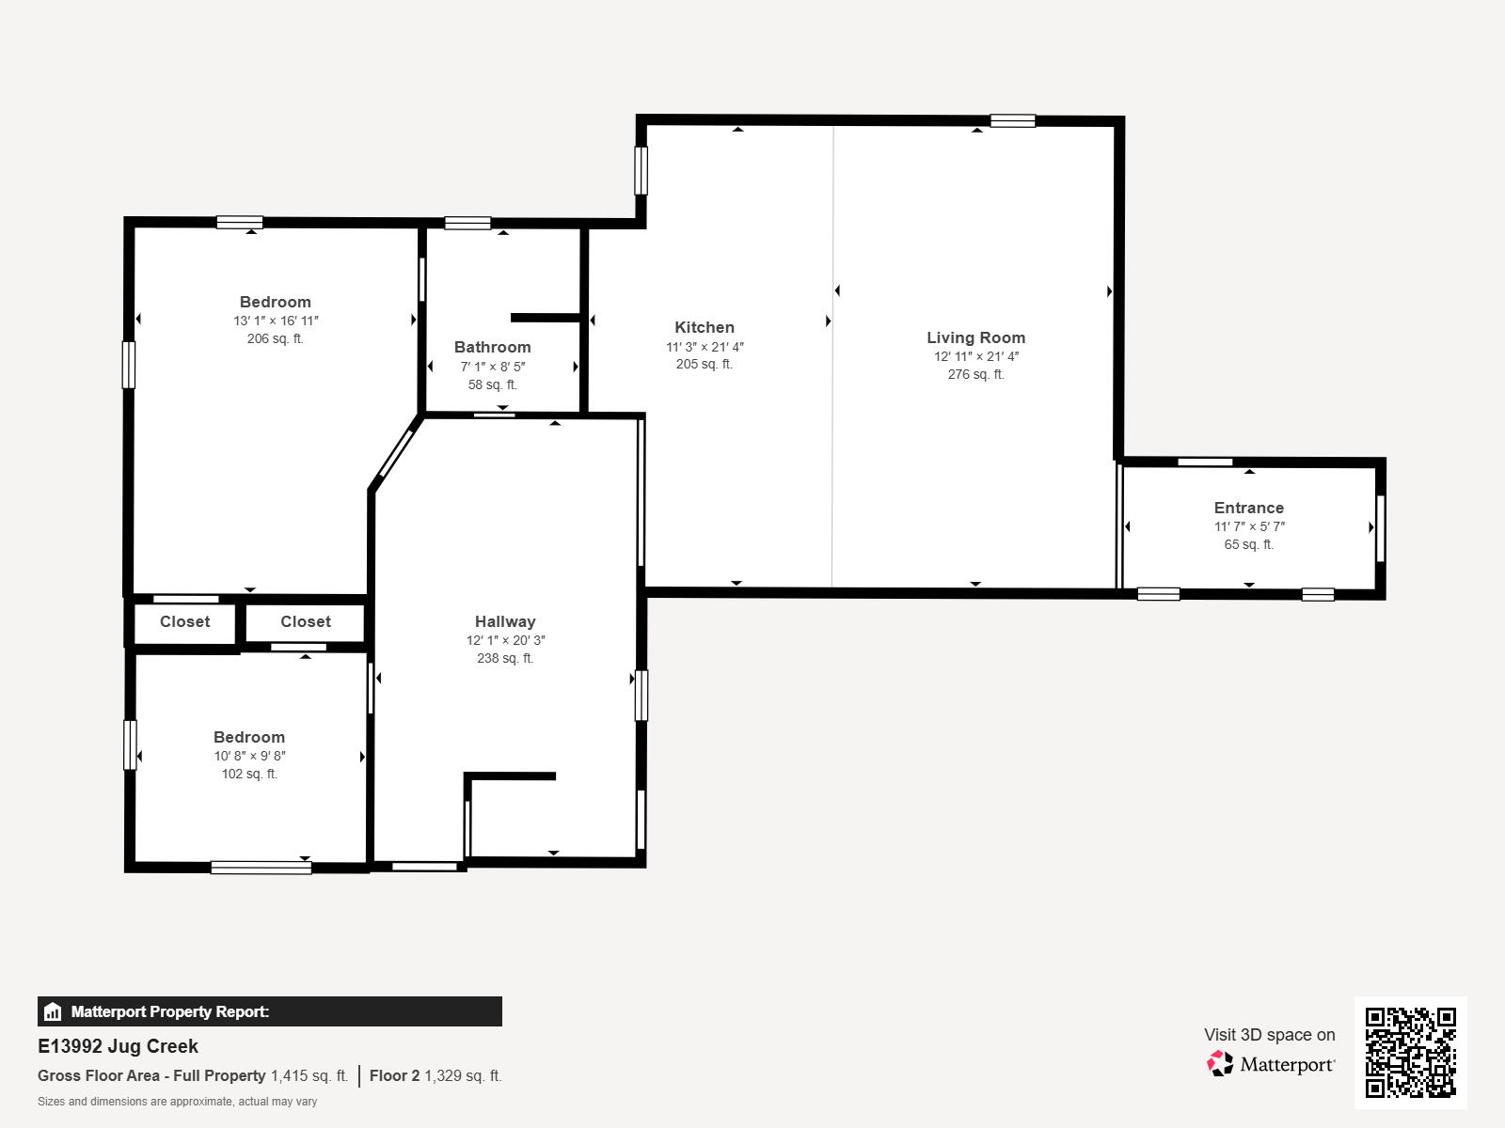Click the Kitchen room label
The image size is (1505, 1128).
pyautogui.click(x=705, y=327)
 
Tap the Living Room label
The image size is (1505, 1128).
pyautogui.click(x=975, y=337)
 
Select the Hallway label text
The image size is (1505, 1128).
pyautogui.click(x=505, y=622)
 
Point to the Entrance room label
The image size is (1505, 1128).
pyautogui.click(x=1248, y=509)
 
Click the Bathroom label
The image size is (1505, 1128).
pyautogui.click(x=492, y=347)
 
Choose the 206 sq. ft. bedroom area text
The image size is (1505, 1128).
pyautogui.click(x=275, y=338)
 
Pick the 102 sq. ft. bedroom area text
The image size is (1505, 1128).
pyautogui.click(x=249, y=774)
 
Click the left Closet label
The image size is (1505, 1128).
pyautogui.click(x=184, y=622)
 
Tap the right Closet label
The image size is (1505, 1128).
pyautogui.click(x=305, y=622)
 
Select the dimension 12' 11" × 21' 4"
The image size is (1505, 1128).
pyautogui.click(x=975, y=356)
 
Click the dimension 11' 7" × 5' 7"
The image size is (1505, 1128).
pyautogui.click(x=1249, y=526)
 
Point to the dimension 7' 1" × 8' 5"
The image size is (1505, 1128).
pyautogui.click(x=492, y=367)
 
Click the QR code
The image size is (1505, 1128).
pyautogui.click(x=1410, y=1052)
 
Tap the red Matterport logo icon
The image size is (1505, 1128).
pyautogui.click(x=1220, y=1064)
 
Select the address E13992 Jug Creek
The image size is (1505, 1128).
pyautogui.click(x=118, y=1046)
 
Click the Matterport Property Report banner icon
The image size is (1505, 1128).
pyautogui.click(x=52, y=1011)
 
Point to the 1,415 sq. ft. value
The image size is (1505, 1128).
pyautogui.click(x=309, y=1076)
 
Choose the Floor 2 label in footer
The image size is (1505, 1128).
pyautogui.click(x=394, y=1076)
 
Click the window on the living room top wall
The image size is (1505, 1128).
pyautogui.click(x=1013, y=120)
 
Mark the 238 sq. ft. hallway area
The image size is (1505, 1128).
pyautogui.click(x=505, y=658)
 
